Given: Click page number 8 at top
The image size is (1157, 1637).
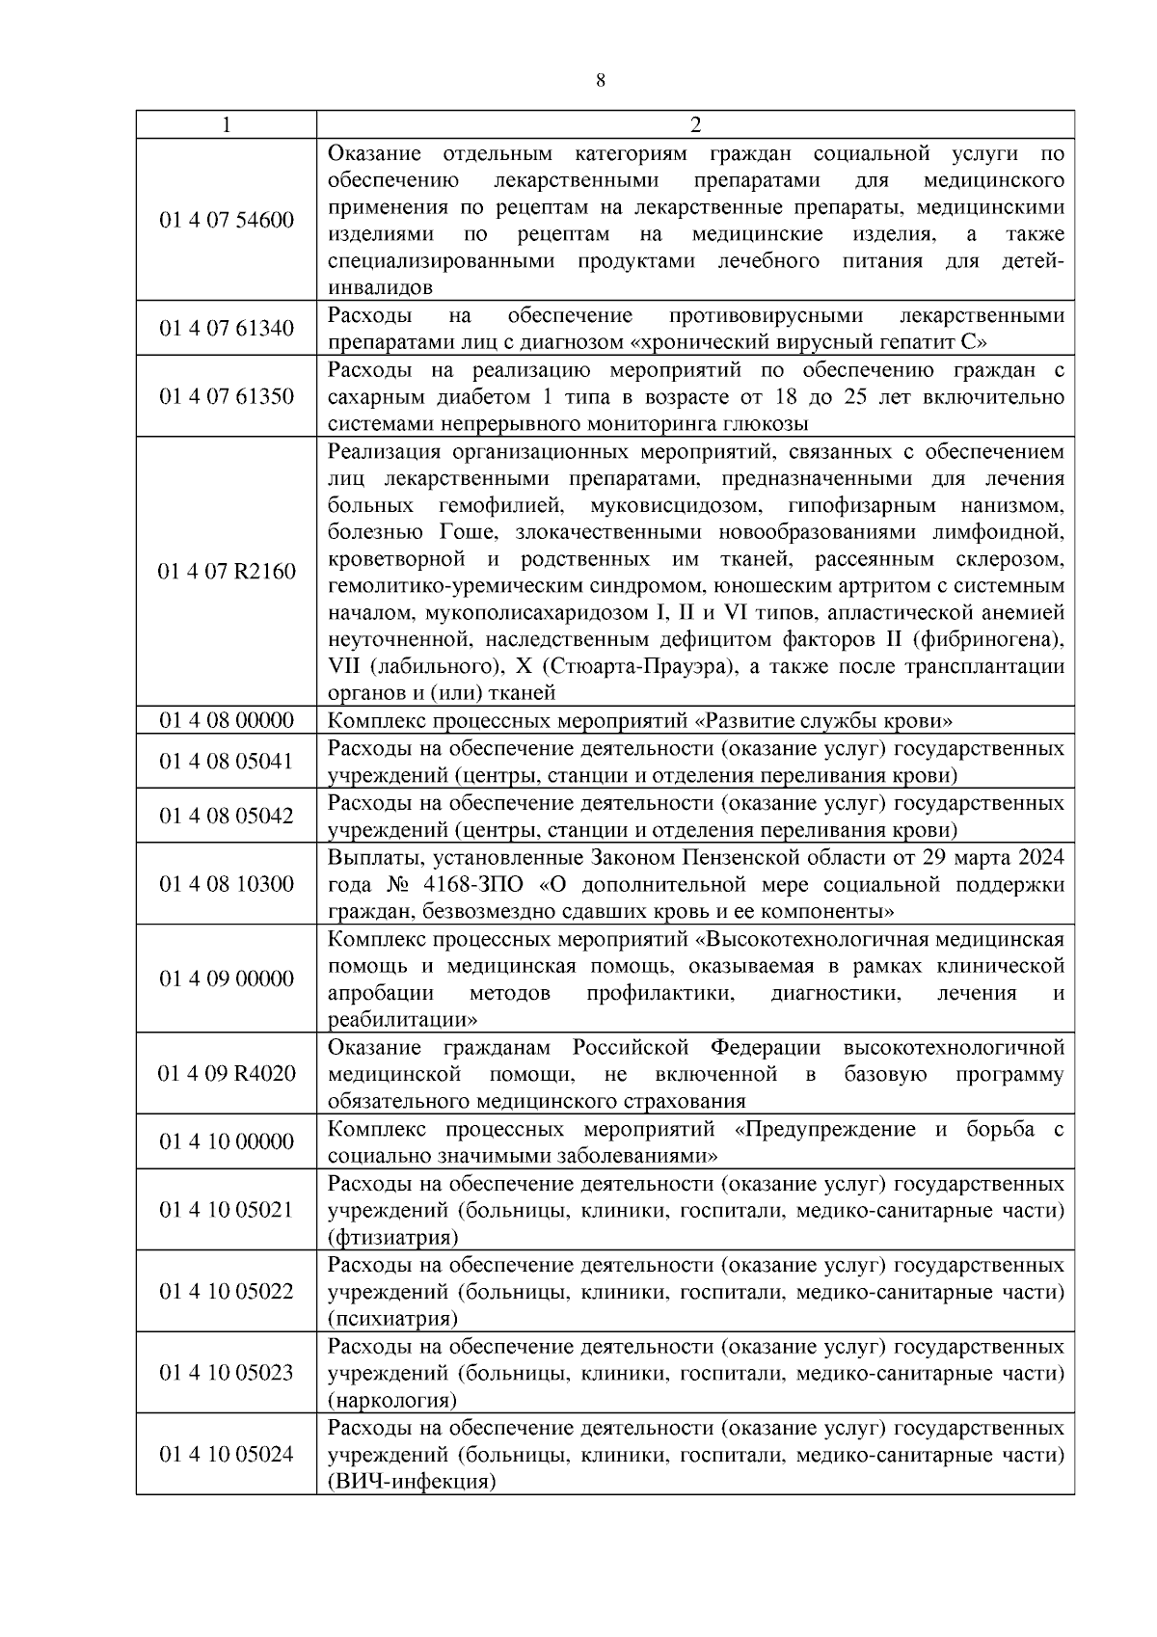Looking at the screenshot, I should (601, 82).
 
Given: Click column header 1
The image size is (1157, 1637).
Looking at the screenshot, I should (226, 125).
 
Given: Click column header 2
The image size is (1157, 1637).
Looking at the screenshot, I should (695, 125).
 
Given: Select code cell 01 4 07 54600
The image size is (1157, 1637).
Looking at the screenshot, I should (227, 220).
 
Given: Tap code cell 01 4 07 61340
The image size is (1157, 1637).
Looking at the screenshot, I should (227, 329).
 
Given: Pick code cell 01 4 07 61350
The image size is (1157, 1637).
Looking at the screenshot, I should (227, 396).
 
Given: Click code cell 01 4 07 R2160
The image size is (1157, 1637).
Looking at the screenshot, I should (227, 572).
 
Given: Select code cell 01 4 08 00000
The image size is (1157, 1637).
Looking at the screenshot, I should (227, 720).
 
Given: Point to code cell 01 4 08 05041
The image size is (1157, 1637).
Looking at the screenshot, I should (227, 762).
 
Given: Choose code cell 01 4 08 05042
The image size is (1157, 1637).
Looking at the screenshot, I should (227, 816).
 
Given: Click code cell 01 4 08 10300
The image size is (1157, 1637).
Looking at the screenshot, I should (227, 884).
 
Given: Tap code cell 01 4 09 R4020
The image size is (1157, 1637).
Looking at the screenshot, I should (227, 1074).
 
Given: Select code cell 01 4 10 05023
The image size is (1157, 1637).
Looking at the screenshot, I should (227, 1373).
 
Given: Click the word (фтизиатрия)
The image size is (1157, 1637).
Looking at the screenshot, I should (392, 1237).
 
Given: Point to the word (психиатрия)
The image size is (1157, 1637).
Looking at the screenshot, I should (392, 1319).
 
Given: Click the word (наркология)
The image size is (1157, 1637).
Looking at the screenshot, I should (392, 1400).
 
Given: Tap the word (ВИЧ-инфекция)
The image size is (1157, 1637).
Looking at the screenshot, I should (412, 1482).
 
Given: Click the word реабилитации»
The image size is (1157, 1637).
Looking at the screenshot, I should (403, 1020).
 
